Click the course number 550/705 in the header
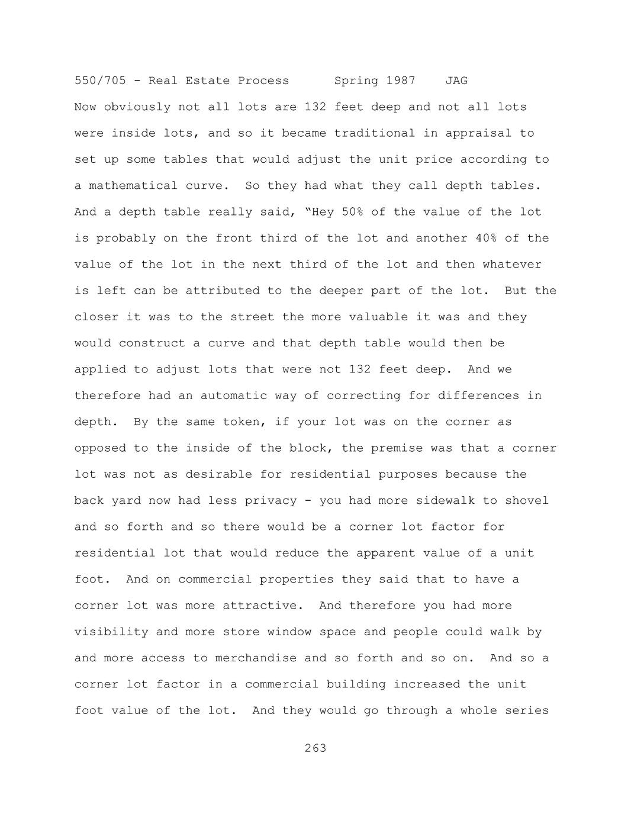click(x=100, y=81)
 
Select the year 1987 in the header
click(x=401, y=81)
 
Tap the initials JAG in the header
click(x=456, y=81)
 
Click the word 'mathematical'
click(x=133, y=186)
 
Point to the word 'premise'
click(x=397, y=448)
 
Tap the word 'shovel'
click(x=527, y=501)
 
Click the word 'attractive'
click(x=259, y=606)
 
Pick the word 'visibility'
click(x=111, y=632)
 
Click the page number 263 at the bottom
click(x=315, y=748)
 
